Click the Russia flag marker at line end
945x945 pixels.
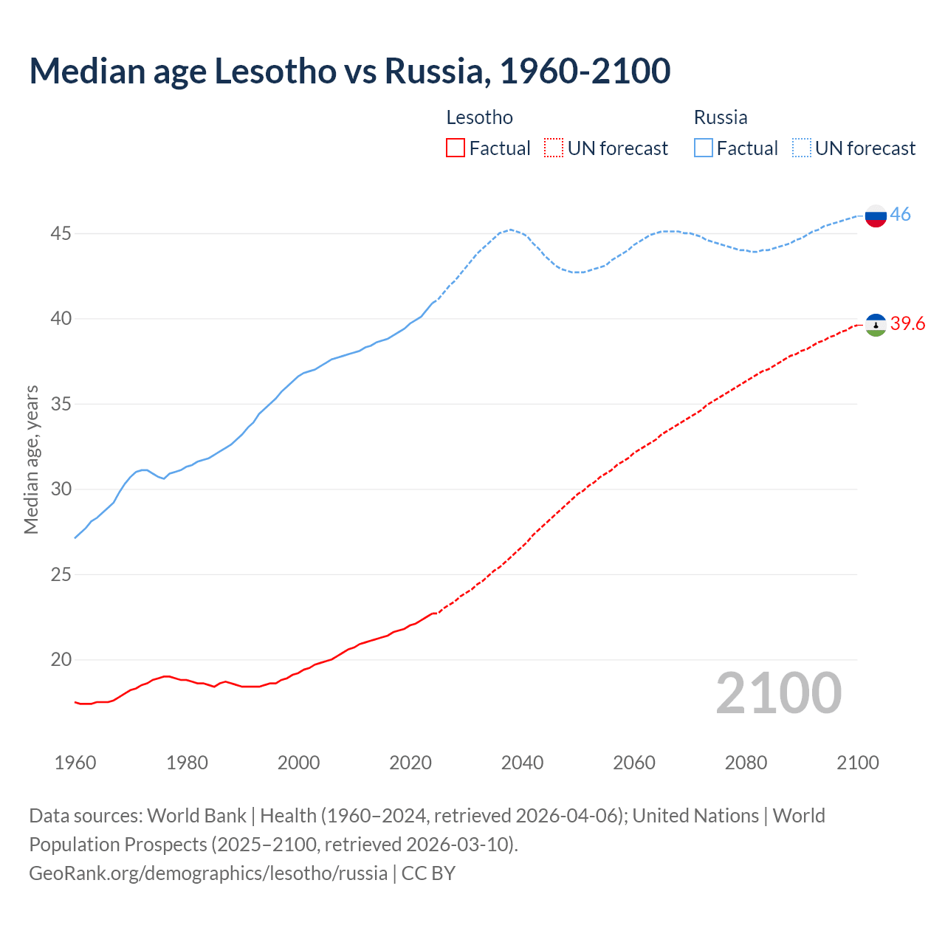876,216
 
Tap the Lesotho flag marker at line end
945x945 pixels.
876,325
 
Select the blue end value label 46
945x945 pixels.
900,215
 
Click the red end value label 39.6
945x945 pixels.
907,324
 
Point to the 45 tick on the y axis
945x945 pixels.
61,234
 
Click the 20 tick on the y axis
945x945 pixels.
61,660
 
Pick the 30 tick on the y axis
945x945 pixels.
61,489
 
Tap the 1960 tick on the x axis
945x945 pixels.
75,763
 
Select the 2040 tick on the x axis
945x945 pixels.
522,763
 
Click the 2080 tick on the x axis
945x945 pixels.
746,763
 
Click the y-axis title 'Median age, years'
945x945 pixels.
31,459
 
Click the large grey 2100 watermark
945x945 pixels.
778,693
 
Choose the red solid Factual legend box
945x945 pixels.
456,148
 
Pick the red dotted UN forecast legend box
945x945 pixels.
554,148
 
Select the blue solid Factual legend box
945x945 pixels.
704,148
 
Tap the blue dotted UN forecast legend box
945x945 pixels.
801,148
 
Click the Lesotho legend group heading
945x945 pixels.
479,117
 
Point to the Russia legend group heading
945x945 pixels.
721,117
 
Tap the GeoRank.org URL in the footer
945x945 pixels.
208,873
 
